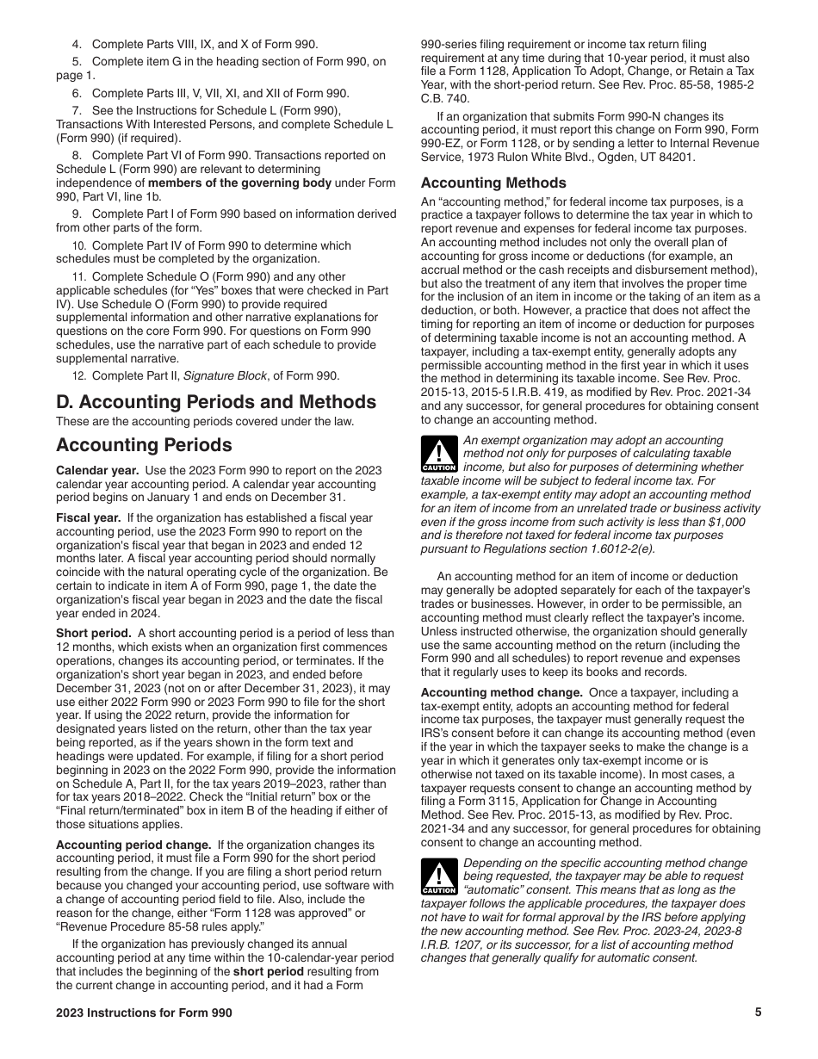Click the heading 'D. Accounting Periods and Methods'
[x=216, y=402]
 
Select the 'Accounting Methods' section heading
[x=493, y=183]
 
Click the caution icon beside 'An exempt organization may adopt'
[x=438, y=454]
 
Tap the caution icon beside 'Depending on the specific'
[x=438, y=877]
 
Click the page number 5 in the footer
[x=758, y=1013]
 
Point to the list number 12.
[x=78, y=375]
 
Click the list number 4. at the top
[x=77, y=44]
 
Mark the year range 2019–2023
[x=273, y=784]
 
